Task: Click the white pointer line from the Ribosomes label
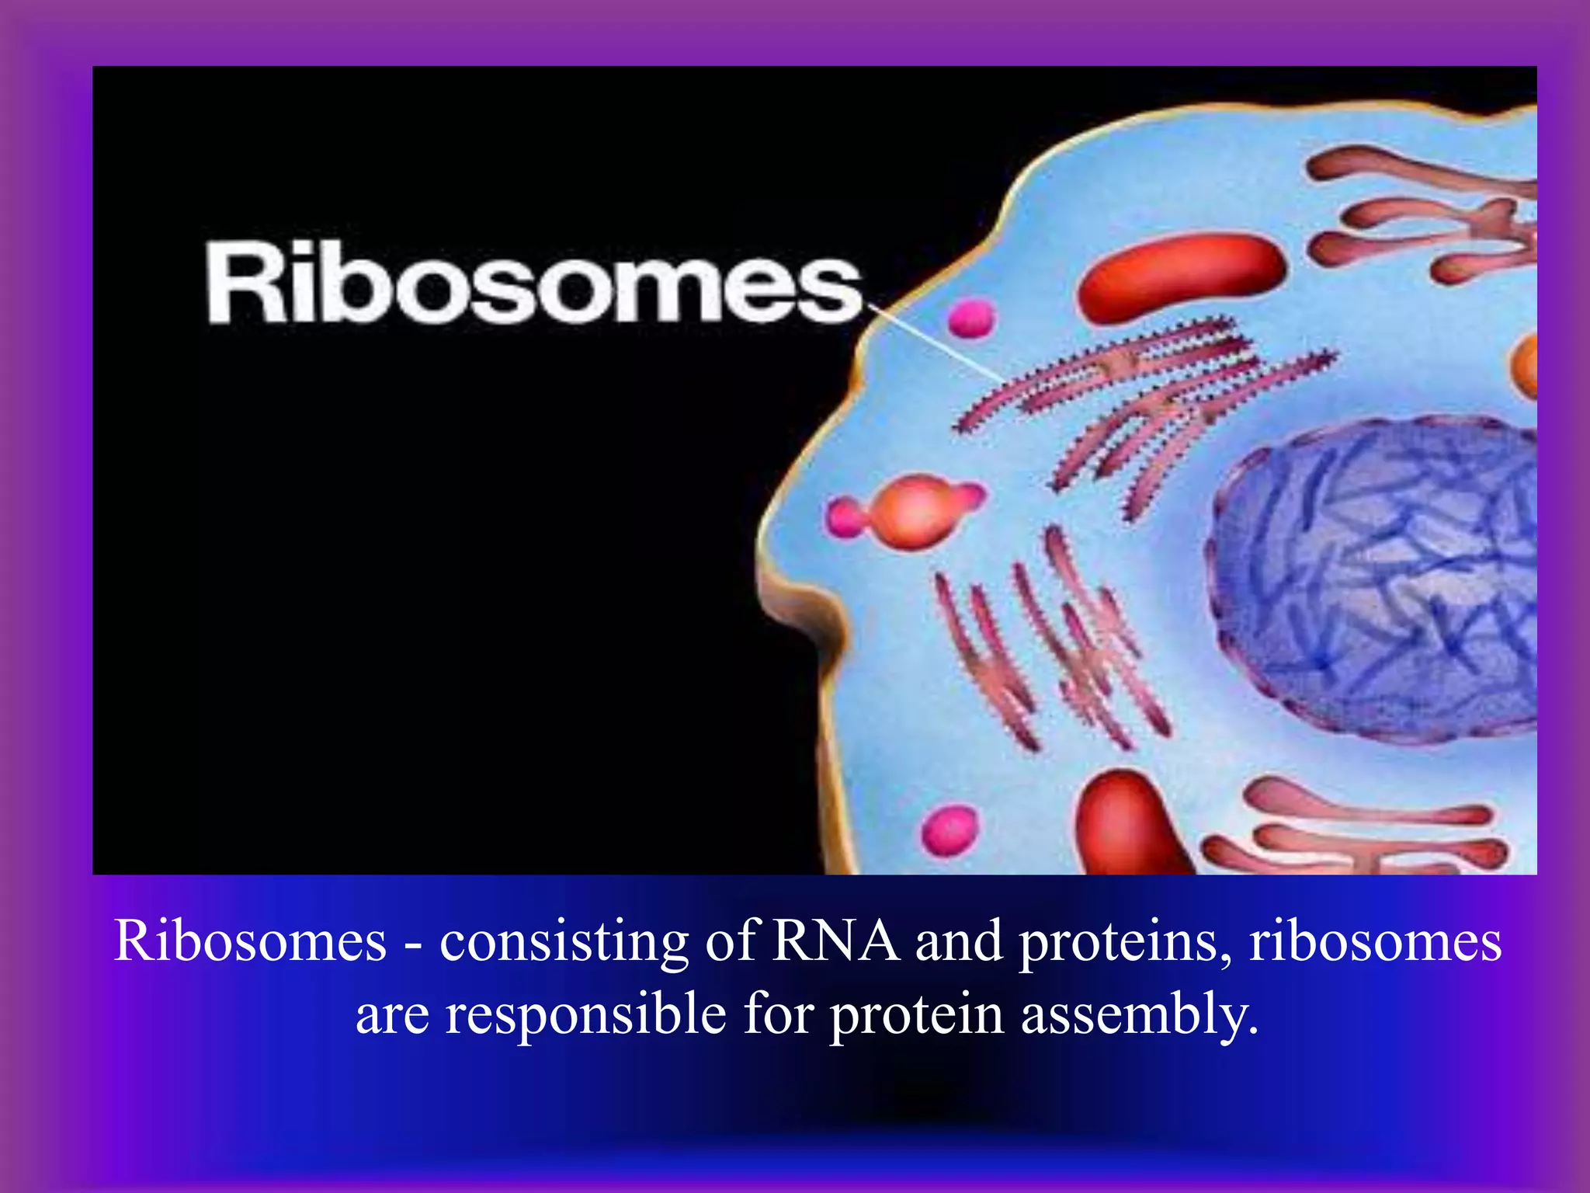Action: click(x=939, y=342)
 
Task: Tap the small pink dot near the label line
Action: click(x=971, y=318)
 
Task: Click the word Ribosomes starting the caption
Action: click(x=250, y=942)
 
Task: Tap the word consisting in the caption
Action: click(x=564, y=942)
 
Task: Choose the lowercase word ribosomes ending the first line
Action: click(x=1375, y=942)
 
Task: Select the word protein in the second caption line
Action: click(x=917, y=1015)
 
